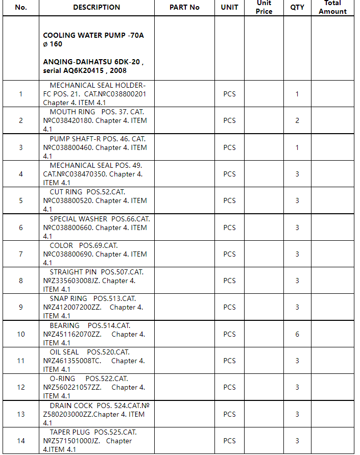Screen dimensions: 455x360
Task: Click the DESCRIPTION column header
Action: [x=97, y=7]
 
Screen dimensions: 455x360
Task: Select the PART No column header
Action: [x=184, y=7]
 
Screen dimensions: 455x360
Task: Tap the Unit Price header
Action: [x=263, y=7]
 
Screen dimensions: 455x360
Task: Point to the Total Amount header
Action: [x=332, y=7]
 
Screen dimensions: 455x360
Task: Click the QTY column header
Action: [x=297, y=7]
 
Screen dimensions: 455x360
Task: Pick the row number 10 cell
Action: [x=21, y=334]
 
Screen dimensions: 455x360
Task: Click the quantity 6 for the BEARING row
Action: [x=297, y=334]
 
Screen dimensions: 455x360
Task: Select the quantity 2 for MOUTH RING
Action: [x=297, y=120]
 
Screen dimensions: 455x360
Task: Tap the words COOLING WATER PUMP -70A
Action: [x=93, y=35]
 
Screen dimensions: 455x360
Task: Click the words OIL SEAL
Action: [x=64, y=352]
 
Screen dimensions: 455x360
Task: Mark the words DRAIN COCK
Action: [x=71, y=406]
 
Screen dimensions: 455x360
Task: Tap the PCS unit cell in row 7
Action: [x=229, y=254]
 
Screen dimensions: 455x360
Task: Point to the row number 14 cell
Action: [x=21, y=441]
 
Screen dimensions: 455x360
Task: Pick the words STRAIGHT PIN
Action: [x=73, y=272]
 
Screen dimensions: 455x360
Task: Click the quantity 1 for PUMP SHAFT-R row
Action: [x=297, y=147]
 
